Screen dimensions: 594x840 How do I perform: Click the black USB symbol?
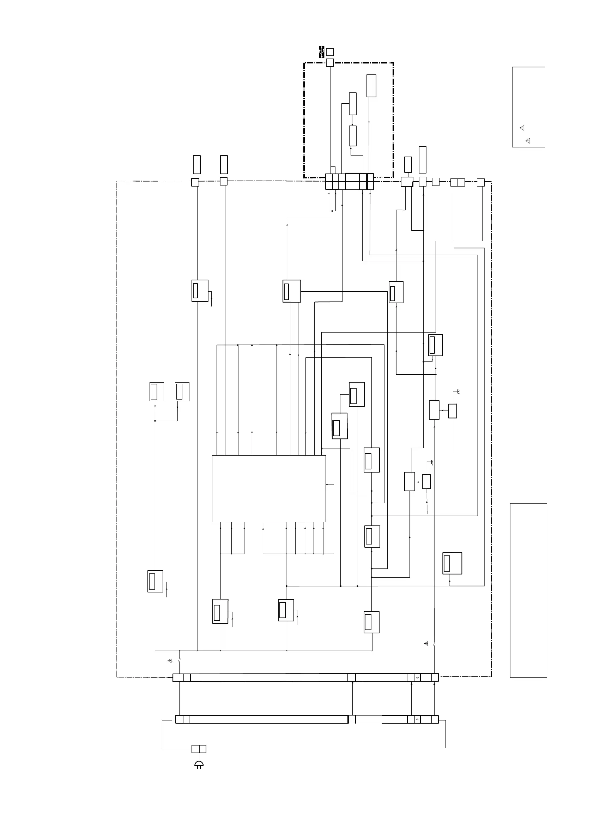point(321,51)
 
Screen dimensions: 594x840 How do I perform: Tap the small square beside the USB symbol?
point(330,52)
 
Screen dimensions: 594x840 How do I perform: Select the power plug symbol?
point(199,764)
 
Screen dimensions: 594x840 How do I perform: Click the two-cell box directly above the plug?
point(199,749)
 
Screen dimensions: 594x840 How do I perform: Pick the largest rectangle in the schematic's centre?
point(269,488)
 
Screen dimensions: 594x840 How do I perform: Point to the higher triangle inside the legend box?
point(522,128)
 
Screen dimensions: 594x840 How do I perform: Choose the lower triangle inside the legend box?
point(527,141)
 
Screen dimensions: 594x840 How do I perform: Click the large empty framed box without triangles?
point(528,590)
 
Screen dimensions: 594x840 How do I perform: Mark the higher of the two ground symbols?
point(457,392)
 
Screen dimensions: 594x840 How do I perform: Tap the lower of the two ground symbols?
point(432,463)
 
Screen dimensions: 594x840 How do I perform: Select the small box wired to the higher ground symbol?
point(453,411)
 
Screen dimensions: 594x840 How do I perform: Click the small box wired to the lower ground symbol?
point(426,481)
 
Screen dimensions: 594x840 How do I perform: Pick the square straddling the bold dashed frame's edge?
point(330,62)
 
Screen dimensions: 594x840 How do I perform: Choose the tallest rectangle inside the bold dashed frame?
point(371,86)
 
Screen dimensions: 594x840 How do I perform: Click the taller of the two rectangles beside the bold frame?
point(422,159)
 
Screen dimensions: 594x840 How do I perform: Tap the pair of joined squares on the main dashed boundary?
point(457,182)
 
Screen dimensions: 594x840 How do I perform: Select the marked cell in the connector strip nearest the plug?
point(417,719)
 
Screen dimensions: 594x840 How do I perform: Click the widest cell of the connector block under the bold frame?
point(352,182)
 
